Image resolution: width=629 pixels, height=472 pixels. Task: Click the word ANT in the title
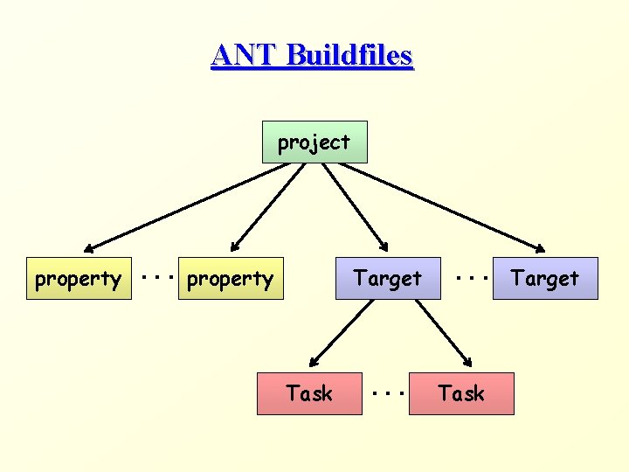click(244, 55)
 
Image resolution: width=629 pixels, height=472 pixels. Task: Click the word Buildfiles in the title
click(349, 55)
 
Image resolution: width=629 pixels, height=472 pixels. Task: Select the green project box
click(314, 142)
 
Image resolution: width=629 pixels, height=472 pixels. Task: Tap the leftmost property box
click(79, 279)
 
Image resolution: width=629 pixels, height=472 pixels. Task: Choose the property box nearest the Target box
click(231, 279)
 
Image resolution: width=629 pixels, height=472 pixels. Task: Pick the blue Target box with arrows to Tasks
click(388, 279)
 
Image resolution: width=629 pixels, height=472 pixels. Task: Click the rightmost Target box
click(545, 279)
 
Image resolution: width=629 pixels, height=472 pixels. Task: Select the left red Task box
click(309, 393)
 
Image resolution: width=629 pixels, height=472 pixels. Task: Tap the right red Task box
click(461, 393)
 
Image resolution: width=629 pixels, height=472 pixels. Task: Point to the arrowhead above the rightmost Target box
click(541, 249)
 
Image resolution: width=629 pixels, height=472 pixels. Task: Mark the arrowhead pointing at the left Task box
click(314, 361)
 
